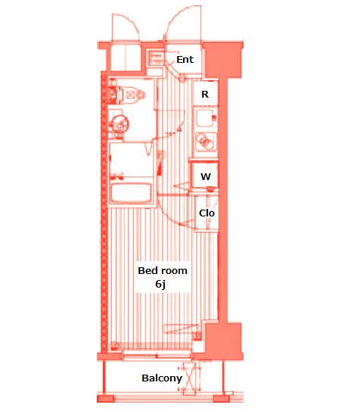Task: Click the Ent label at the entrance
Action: click(185, 59)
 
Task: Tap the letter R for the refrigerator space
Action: click(205, 94)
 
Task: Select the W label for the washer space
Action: click(206, 176)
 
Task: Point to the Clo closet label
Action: click(206, 213)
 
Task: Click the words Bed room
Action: click(163, 270)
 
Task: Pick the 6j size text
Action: click(160, 284)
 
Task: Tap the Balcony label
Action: click(162, 378)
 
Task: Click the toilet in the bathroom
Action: click(130, 95)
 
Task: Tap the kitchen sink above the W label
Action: click(206, 141)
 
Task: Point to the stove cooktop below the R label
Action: click(206, 118)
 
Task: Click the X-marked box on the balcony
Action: click(189, 379)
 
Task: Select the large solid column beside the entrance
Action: click(222, 60)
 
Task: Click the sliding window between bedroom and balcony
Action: click(157, 356)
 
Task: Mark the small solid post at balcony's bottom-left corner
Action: click(105, 398)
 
